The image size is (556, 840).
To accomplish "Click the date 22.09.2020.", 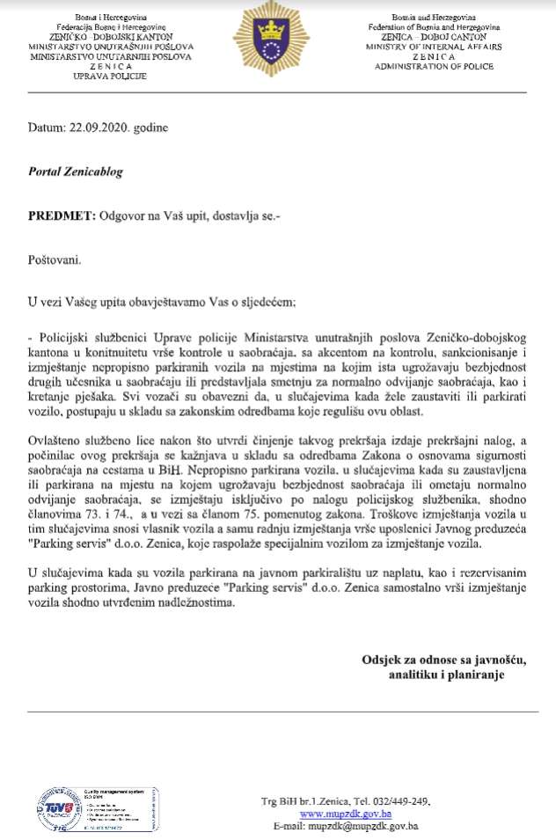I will pyautogui.click(x=97, y=127).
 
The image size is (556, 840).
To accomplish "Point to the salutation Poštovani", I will pyautogui.click(x=55, y=259).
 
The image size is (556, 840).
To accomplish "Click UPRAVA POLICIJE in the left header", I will pyautogui.click(x=110, y=75).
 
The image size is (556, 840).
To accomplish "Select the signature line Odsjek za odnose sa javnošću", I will pyautogui.click(x=447, y=660).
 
